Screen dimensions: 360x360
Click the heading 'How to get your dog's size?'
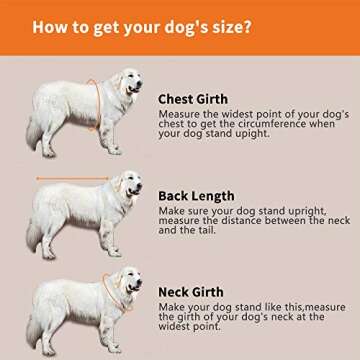coord(142,27)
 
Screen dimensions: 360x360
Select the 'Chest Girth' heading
coord(193,99)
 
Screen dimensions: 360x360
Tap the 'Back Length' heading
coord(196,196)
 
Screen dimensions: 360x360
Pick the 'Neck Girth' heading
coord(191,292)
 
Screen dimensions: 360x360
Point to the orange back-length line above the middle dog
coord(73,179)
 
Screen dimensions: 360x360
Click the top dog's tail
coord(33,133)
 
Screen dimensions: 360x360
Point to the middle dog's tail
coord(33,235)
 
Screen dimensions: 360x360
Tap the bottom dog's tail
coord(33,331)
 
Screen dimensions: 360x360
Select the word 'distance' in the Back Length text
coord(235,220)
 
